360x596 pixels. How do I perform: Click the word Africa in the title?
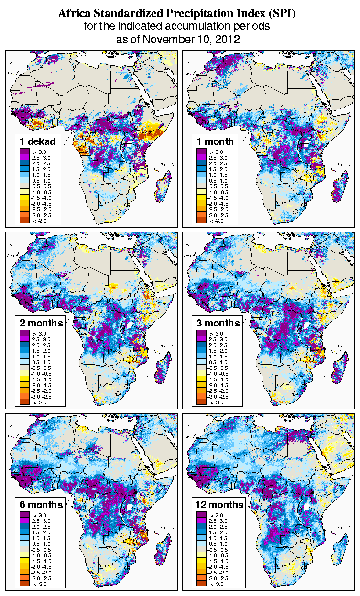(74, 13)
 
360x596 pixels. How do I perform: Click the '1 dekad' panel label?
(38, 141)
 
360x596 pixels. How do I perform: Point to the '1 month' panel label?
(215, 141)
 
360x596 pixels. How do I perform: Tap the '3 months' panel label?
(218, 323)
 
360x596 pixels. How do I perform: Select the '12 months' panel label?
(219, 505)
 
